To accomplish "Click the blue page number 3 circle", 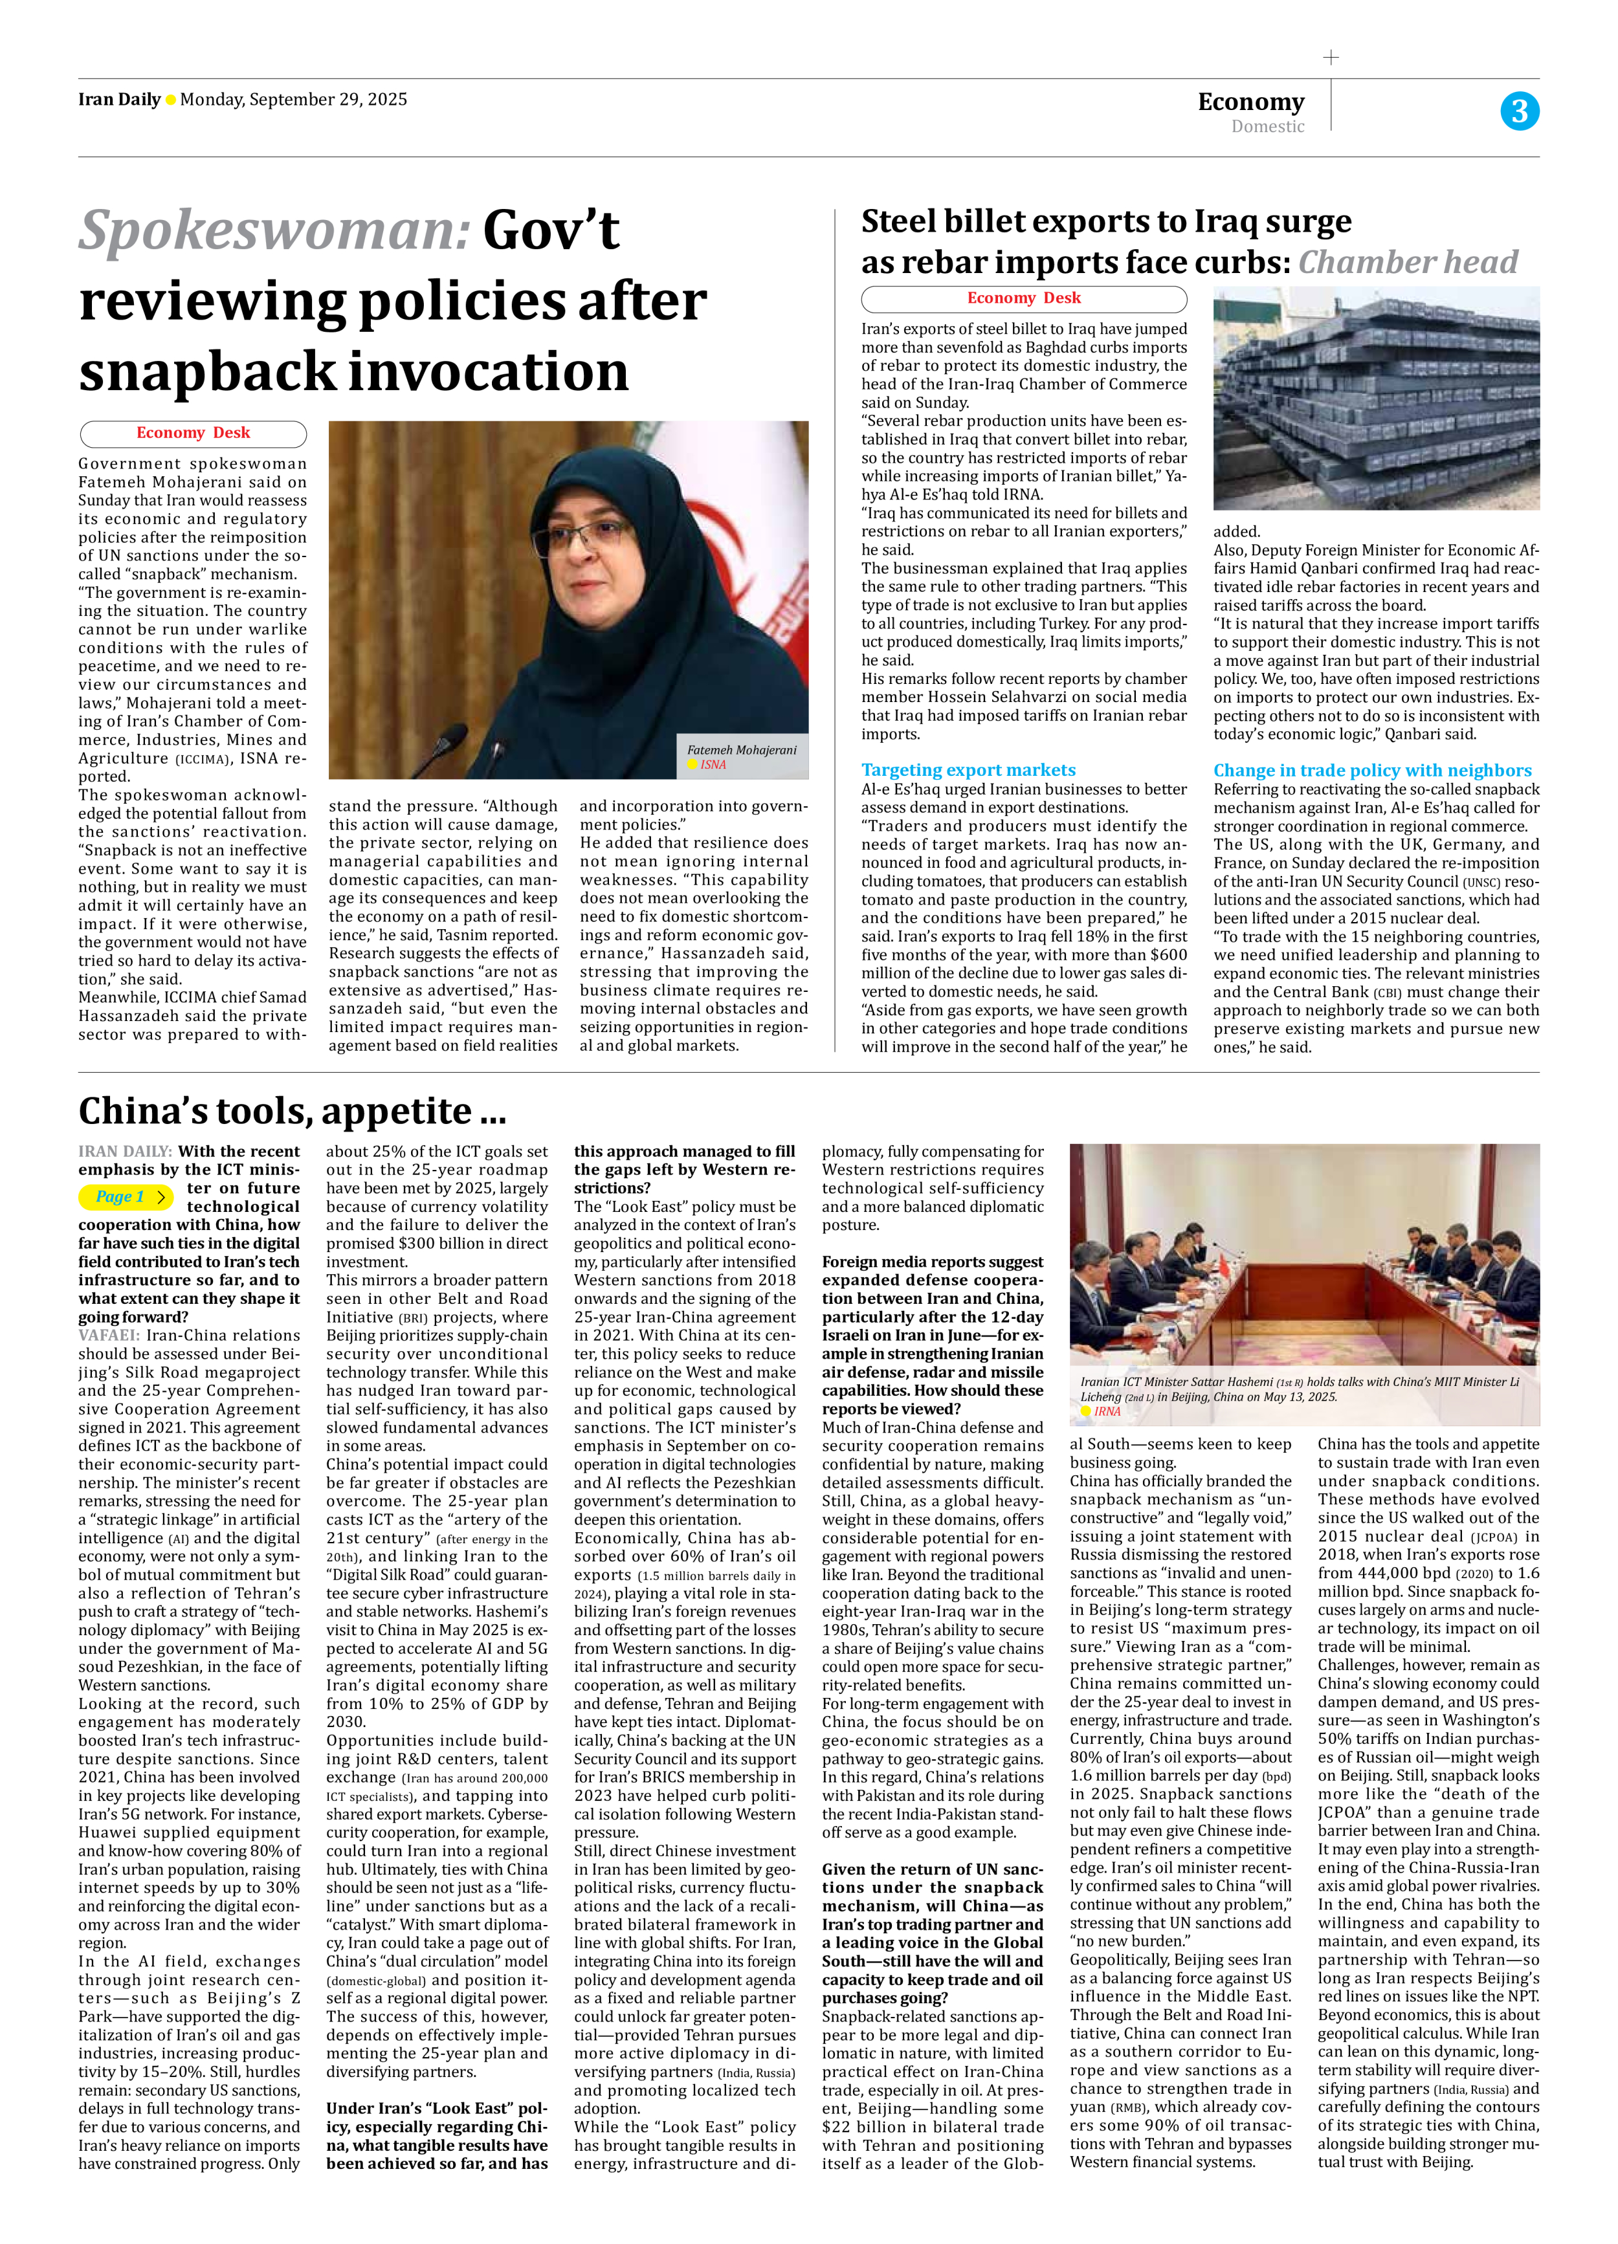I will pyautogui.click(x=1519, y=111).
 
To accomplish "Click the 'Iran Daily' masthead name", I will pyautogui.click(x=118, y=99).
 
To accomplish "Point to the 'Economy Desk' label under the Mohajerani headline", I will pyautogui.click(x=193, y=434).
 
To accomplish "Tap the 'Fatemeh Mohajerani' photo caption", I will pyautogui.click(x=741, y=750).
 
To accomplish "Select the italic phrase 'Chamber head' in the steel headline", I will pyautogui.click(x=1407, y=262).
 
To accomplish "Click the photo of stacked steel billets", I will pyautogui.click(x=1375, y=398).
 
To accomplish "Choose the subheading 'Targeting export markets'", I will pyautogui.click(x=968, y=770).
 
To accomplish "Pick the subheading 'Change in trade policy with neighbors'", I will pyautogui.click(x=1371, y=770).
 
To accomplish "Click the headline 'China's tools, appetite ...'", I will pyautogui.click(x=292, y=1111).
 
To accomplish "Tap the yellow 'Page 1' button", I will pyautogui.click(x=126, y=1197).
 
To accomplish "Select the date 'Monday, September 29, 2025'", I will pyautogui.click(x=293, y=99).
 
